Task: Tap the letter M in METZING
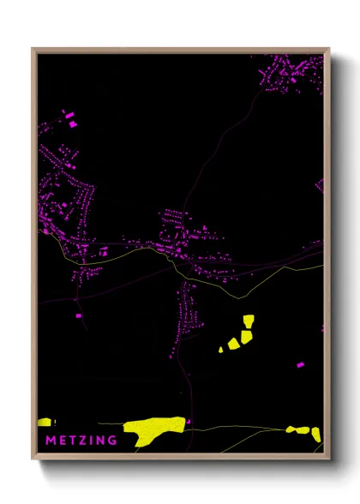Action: pos(44,441)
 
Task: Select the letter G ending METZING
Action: pos(112,441)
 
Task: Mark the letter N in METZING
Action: pos(100,441)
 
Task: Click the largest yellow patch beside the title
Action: pos(153,429)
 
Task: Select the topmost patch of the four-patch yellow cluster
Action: pos(249,321)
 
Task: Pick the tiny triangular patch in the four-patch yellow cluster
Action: pos(221,349)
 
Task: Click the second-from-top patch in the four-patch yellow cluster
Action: pos(246,336)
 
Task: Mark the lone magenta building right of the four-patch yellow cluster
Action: pos(300,365)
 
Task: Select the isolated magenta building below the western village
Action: pos(78,316)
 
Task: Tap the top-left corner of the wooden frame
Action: pos(33,49)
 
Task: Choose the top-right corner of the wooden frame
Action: pos(329,49)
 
